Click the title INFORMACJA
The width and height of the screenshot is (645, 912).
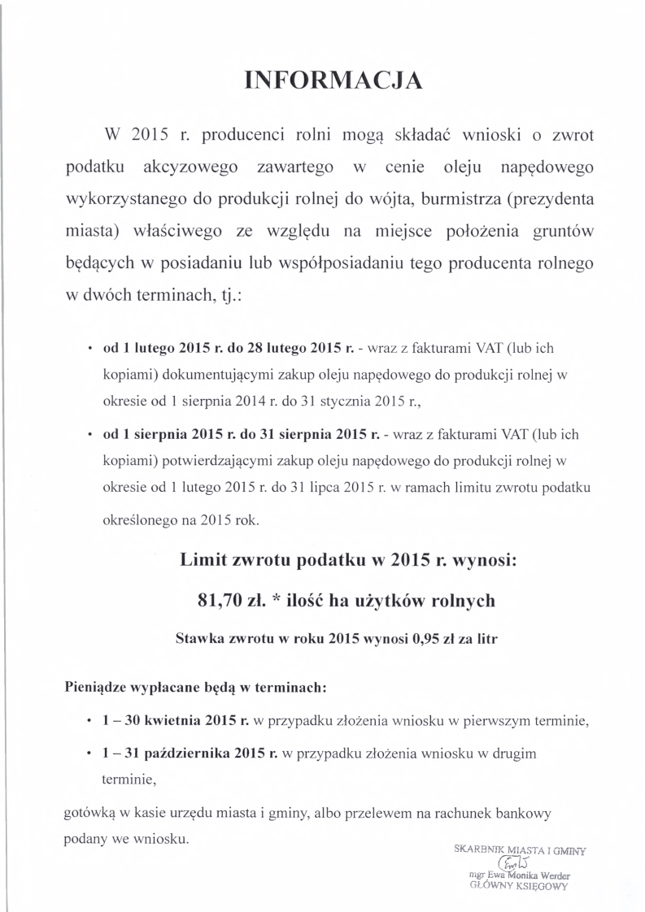pos(334,80)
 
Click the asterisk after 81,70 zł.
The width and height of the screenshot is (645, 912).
pos(277,600)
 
